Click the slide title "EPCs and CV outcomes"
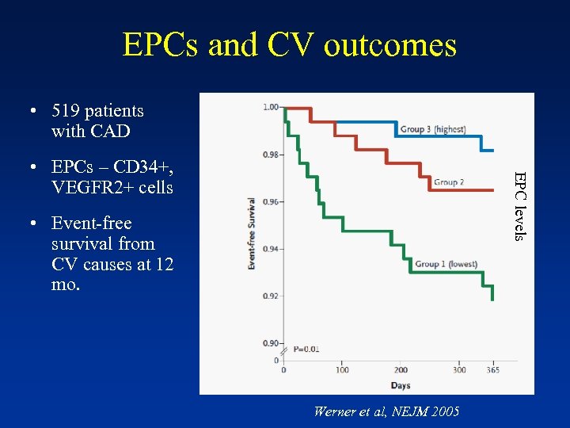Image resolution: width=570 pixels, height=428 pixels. point(290,45)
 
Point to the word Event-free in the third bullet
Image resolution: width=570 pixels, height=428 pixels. point(91,224)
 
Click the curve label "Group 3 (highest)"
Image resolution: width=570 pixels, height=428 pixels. point(432,129)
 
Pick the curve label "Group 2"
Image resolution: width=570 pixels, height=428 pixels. point(448,182)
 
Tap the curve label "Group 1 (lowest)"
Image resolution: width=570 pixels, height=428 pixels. point(446,264)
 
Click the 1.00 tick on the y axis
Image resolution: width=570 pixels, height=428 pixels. point(271,107)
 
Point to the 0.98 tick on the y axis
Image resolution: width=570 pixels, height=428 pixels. point(271,155)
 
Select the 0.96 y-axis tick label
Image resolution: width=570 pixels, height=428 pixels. point(271,202)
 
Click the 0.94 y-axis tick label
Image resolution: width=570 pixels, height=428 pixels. point(271,249)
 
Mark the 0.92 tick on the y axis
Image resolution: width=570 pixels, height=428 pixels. point(271,296)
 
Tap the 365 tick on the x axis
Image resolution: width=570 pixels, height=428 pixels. point(492,370)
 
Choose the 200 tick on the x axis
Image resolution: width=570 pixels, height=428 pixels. point(401,370)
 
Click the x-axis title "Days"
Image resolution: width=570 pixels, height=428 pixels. point(400,385)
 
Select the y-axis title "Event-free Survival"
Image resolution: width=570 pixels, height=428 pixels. point(252,233)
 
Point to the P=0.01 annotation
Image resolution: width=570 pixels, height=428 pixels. point(306,349)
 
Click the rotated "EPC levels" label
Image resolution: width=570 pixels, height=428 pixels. point(519,206)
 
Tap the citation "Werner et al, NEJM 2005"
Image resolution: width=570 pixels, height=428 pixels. point(386,411)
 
